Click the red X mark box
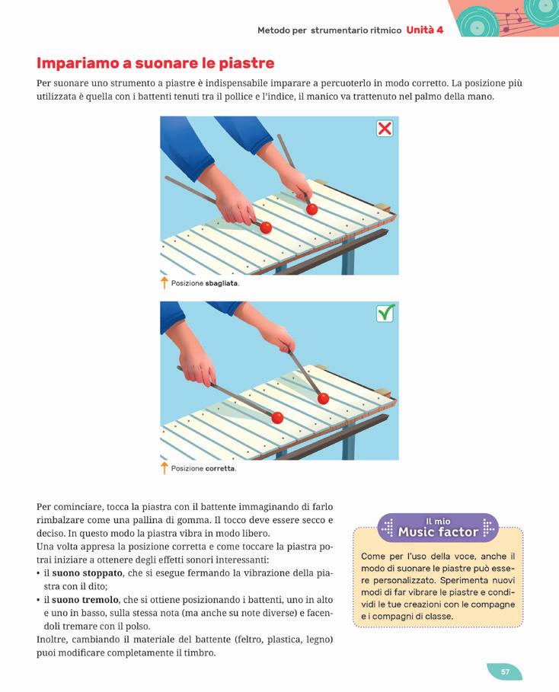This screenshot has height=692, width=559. pyautogui.click(x=385, y=129)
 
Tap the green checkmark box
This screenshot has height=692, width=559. pyautogui.click(x=385, y=314)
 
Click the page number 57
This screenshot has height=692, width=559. pyautogui.click(x=505, y=671)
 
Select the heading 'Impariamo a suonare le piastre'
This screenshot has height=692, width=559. pyautogui.click(x=155, y=63)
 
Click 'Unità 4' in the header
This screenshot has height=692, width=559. pyautogui.click(x=425, y=30)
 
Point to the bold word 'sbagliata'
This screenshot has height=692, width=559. pyautogui.click(x=221, y=283)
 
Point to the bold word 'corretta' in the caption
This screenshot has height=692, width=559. pyautogui.click(x=219, y=468)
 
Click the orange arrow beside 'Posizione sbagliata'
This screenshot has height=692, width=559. pyautogui.click(x=165, y=282)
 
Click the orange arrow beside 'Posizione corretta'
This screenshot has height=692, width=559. pyautogui.click(x=165, y=468)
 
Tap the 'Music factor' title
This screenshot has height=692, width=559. pyautogui.click(x=438, y=532)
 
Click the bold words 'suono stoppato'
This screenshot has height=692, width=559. pyautogui.click(x=87, y=573)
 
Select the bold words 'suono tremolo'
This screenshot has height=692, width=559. pyautogui.click(x=85, y=600)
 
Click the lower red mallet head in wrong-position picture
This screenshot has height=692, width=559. pyautogui.click(x=266, y=228)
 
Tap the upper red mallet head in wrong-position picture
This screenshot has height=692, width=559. pyautogui.click(x=311, y=209)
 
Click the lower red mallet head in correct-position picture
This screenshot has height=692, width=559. pyautogui.click(x=277, y=417)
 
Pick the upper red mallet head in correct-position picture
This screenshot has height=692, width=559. pyautogui.click(x=323, y=399)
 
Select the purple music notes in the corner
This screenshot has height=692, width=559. pyautogui.click(x=513, y=21)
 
